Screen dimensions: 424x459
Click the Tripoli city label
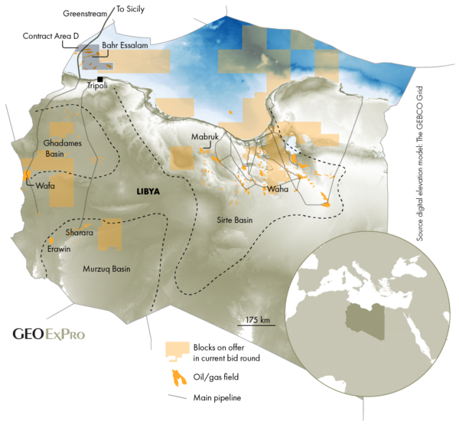99,86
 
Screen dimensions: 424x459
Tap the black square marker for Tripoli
100,78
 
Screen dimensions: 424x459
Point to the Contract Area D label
51,36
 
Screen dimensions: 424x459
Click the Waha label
275,188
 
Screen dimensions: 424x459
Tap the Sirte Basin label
233,220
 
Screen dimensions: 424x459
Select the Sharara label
80,231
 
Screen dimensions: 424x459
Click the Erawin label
59,250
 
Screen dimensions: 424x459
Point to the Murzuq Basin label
106,269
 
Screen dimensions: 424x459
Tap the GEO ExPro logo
49,334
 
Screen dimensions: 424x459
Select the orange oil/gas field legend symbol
177,378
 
